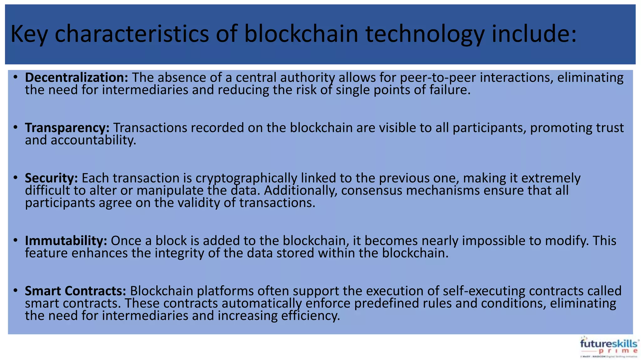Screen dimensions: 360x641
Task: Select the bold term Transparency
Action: (x=67, y=128)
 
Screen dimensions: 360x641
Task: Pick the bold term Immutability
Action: (x=66, y=241)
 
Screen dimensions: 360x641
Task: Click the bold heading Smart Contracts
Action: (x=75, y=291)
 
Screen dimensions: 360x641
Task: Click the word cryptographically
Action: (x=246, y=178)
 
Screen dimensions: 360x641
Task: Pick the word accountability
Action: (x=80, y=140)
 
